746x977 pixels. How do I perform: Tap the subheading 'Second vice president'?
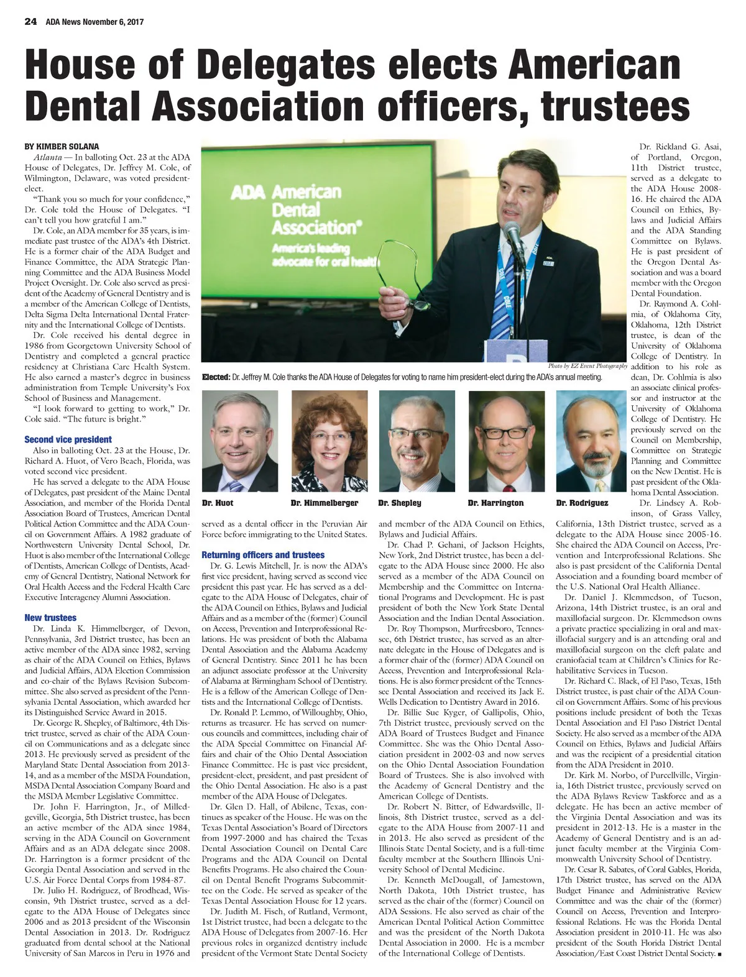[68, 439]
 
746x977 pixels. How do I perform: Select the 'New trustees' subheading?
[50, 617]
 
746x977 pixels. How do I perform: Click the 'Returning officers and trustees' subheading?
[263, 554]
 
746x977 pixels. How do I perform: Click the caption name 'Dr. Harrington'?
[495, 502]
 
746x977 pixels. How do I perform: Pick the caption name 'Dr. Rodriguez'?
[582, 502]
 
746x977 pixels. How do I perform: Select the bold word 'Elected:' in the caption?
[216, 377]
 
